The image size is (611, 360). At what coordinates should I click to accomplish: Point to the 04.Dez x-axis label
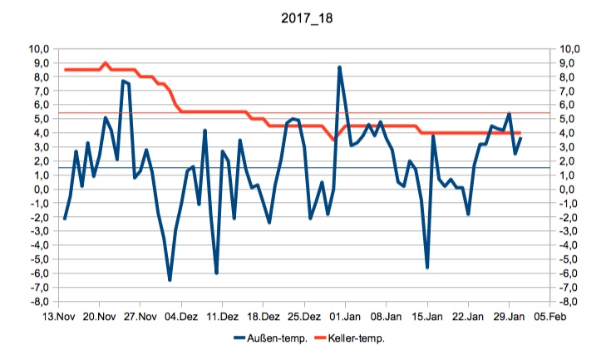[181, 317]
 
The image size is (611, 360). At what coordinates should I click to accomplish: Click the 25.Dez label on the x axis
[304, 317]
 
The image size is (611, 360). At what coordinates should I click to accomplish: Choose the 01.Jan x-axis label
[345, 317]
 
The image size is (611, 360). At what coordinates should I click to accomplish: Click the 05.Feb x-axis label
[549, 317]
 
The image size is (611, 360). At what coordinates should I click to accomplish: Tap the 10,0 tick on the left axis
[39, 49]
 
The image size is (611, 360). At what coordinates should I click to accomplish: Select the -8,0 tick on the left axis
[38, 301]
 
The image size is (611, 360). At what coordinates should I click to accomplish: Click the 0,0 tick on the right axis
[570, 189]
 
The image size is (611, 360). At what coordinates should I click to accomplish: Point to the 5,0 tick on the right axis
[570, 119]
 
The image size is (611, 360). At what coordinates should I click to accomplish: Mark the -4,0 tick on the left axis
[38, 245]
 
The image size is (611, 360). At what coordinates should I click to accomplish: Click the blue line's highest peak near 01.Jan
[340, 67]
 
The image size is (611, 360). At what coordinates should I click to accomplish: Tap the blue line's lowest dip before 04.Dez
[170, 280]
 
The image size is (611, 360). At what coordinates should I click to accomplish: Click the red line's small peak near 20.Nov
[106, 63]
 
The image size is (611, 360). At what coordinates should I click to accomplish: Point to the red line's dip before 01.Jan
[334, 141]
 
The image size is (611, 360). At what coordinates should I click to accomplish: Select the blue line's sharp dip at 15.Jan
[427, 267]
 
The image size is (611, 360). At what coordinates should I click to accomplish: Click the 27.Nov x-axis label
[140, 317]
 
